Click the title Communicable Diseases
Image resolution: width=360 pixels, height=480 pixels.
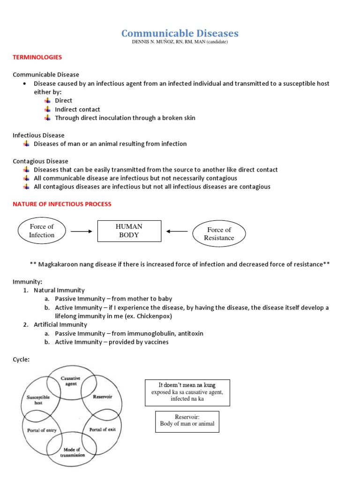[x=180, y=33]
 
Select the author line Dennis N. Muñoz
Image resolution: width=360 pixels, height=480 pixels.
[x=180, y=42]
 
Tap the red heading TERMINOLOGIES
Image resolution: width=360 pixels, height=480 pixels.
[x=37, y=57]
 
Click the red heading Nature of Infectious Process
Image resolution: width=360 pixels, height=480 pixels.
[x=62, y=204]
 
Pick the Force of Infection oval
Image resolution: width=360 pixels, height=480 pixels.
[x=42, y=231]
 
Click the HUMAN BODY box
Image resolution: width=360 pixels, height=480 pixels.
[x=129, y=231]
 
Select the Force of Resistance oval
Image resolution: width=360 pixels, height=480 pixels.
[x=219, y=233]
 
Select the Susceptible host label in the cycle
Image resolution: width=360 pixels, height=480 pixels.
[x=38, y=400]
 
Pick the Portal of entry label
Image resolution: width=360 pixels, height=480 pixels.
[x=42, y=430]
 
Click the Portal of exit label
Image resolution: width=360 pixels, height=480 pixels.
[x=102, y=429]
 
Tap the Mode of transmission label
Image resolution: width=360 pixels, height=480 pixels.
[x=72, y=451]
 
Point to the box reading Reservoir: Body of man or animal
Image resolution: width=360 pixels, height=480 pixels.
[x=187, y=420]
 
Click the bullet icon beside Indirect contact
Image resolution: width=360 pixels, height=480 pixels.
[x=47, y=109]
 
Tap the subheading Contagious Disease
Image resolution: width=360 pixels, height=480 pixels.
[x=40, y=161]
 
